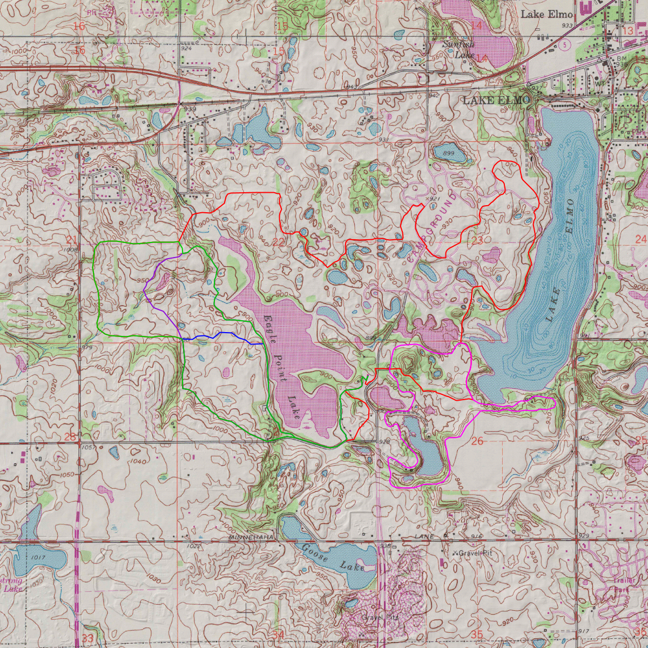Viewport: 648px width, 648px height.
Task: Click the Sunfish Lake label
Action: tap(458, 49)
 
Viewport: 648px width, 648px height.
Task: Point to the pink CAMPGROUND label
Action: tap(431, 227)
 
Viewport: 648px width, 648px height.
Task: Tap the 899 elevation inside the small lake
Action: tap(449, 154)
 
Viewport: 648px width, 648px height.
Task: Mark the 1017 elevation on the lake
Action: tap(38, 557)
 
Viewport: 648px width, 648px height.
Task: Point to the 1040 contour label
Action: tap(138, 462)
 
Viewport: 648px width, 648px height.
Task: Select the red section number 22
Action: tap(278, 242)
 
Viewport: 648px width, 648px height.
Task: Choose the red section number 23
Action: tap(477, 240)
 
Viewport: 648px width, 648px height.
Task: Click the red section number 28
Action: tap(70, 436)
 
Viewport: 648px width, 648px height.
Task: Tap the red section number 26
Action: tap(477, 441)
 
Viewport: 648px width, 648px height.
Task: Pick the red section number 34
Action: tap(278, 634)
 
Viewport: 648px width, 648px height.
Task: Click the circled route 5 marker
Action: tap(564, 45)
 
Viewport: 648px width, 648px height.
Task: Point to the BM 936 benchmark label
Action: tap(623, 61)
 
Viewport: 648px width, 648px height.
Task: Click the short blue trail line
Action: tap(221, 335)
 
